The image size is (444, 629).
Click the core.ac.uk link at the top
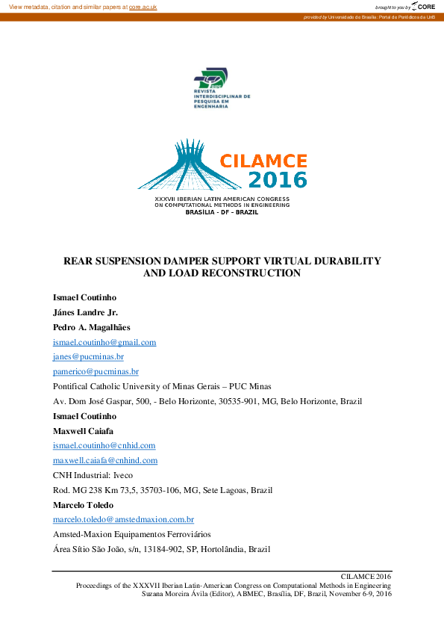[x=143, y=7]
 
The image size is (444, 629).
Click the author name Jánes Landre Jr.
[x=85, y=312]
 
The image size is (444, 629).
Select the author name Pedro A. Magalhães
[x=93, y=327]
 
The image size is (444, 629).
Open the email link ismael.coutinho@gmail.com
[x=104, y=342]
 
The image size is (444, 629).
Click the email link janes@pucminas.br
[x=83, y=357]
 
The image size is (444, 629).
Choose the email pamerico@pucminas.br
[x=96, y=371]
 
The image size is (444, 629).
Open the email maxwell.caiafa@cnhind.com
[x=105, y=460]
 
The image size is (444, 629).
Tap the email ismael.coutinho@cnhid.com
[x=104, y=445]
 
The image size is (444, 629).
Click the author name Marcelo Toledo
[x=84, y=504]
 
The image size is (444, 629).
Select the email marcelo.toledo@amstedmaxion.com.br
[x=123, y=519]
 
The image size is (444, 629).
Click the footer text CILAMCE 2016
[x=366, y=577]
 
